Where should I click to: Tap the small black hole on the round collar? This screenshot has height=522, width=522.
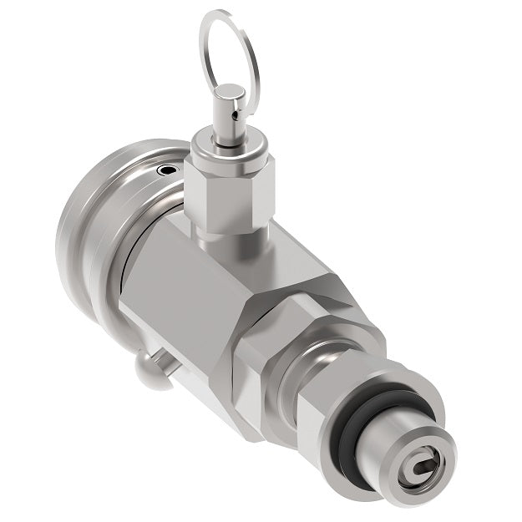point(170,170)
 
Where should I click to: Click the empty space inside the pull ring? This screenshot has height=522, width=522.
point(230,50)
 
